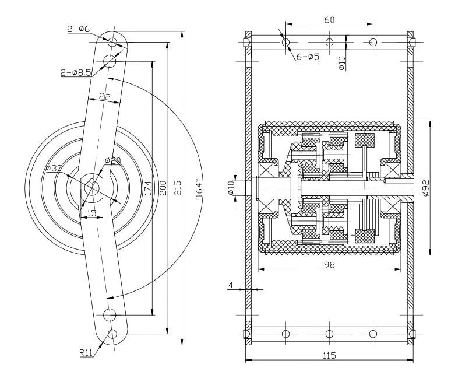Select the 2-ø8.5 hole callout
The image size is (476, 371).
click(76, 72)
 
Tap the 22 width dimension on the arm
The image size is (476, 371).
click(104, 97)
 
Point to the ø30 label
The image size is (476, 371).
click(54, 169)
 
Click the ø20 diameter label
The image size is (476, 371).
click(112, 160)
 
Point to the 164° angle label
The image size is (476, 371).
click(199, 188)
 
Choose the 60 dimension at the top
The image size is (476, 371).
click(329, 20)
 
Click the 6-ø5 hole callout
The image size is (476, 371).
click(307, 57)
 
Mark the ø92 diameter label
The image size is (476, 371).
click(426, 188)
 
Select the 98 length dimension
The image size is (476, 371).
click(329, 264)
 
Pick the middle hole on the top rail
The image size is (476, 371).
click(329, 42)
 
